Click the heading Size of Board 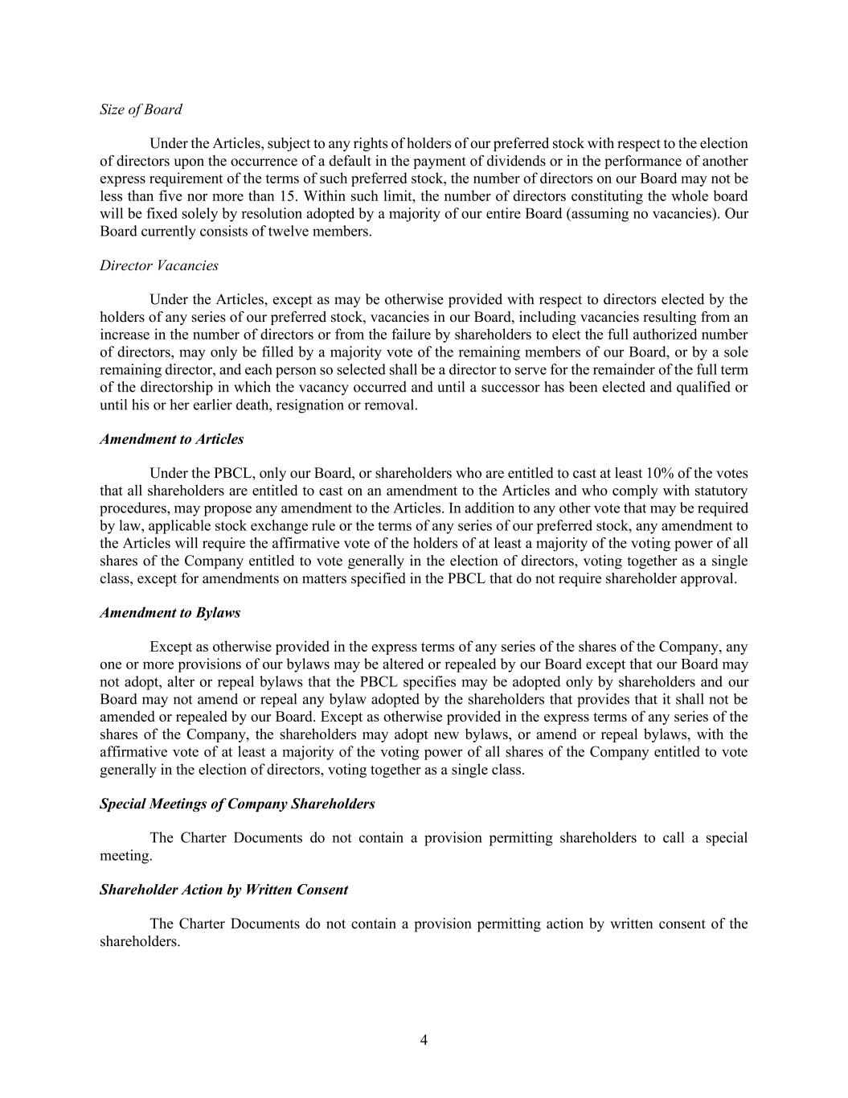click(141, 109)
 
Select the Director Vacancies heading click(158, 265)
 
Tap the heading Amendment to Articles click(171, 439)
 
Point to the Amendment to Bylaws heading click(170, 613)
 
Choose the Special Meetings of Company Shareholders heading click(237, 804)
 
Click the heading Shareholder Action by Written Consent click(223, 890)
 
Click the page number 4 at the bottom click(424, 1040)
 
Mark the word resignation click(309, 405)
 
